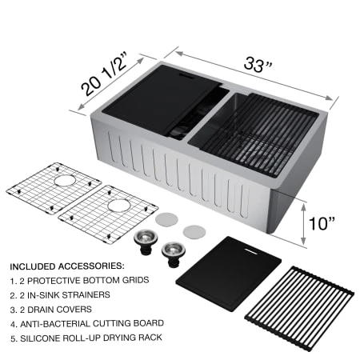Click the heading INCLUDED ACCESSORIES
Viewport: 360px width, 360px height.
tap(67, 265)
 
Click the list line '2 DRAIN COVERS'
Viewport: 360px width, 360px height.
tap(56, 310)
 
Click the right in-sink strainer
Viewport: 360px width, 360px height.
tap(172, 250)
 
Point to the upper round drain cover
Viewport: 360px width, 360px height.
tap(167, 217)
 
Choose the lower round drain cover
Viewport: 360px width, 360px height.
tap(194, 230)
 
